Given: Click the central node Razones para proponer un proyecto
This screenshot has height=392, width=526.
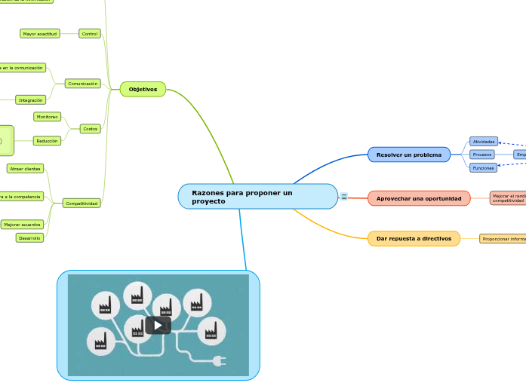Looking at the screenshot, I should pyautogui.click(x=257, y=197).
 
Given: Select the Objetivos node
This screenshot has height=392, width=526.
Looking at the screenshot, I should pyautogui.click(x=143, y=89).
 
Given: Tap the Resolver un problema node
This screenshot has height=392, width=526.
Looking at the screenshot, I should pyautogui.click(x=408, y=155).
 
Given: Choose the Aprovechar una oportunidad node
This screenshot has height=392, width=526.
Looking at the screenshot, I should pyautogui.click(x=419, y=198).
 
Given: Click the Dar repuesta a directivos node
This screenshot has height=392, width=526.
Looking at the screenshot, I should pyautogui.click(x=414, y=238).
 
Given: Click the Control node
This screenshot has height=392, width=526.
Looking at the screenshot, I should pyautogui.click(x=90, y=34).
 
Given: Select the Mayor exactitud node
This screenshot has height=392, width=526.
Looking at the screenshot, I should pyautogui.click(x=39, y=34).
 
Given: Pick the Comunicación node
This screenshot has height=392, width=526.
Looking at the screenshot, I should pyautogui.click(x=83, y=84).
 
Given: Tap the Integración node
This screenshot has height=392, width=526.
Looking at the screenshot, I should pyautogui.click(x=30, y=100).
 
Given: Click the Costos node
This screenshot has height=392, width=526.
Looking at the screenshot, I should pyautogui.click(x=91, y=129).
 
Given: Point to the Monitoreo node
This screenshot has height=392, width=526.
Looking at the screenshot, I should pyautogui.click(x=48, y=117).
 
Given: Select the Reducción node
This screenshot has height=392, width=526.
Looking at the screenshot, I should pyautogui.click(x=47, y=141).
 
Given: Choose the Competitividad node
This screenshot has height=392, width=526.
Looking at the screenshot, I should pyautogui.click(x=82, y=204).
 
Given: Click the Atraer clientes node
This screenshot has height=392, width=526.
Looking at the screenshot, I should pyautogui.click(x=26, y=169).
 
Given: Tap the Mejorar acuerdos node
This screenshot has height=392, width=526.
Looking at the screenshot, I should pyautogui.click(x=22, y=225).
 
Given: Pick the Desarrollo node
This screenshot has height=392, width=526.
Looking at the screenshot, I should pyautogui.click(x=29, y=237).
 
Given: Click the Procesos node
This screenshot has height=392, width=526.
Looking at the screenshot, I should pyautogui.click(x=482, y=155).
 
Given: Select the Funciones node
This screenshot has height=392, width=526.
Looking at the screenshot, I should pyautogui.click(x=483, y=167).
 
